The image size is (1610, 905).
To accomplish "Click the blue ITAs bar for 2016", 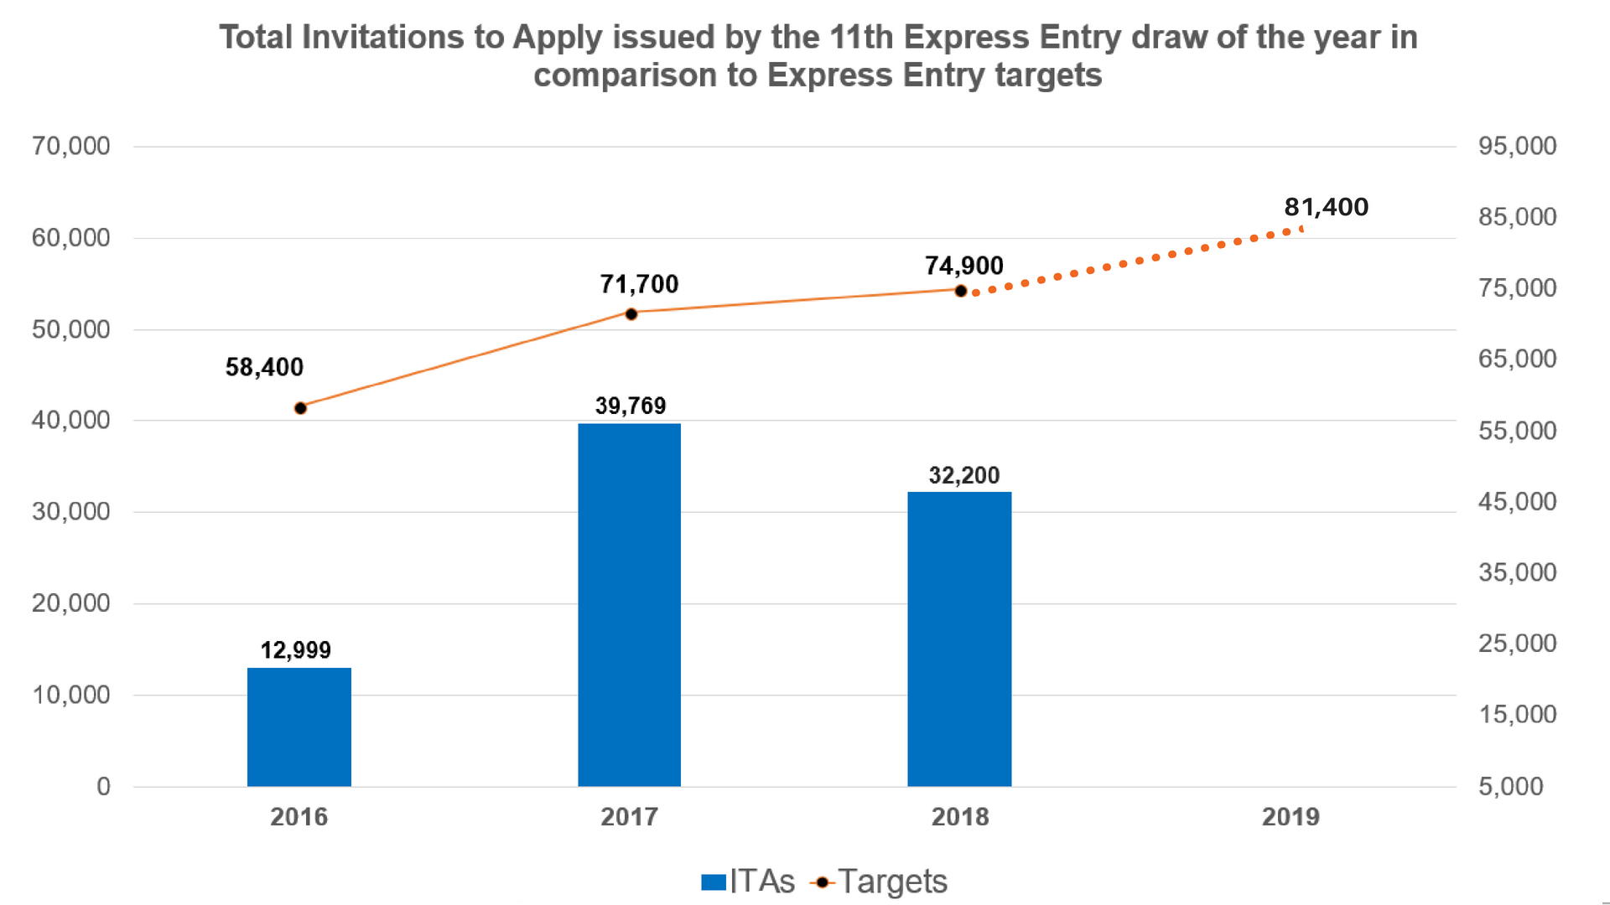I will click(299, 727).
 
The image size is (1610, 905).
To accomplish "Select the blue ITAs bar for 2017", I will click(629, 604).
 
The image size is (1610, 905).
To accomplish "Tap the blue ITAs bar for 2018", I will click(959, 639).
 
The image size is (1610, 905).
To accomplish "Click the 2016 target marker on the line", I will click(300, 408).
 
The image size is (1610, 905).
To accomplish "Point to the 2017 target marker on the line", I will click(631, 314).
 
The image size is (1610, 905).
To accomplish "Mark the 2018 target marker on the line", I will click(961, 292).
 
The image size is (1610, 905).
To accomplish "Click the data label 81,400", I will click(1326, 207).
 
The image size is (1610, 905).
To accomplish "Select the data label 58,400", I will click(264, 367).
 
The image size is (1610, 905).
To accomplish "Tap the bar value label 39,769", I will click(631, 406).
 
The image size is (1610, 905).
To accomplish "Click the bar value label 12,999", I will click(295, 650).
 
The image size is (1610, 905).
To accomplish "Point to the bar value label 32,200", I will click(964, 476).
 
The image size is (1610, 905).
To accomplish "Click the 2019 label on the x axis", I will click(1291, 817).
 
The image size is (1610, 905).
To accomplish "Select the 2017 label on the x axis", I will click(629, 817).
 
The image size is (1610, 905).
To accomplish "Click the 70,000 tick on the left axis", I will click(71, 147).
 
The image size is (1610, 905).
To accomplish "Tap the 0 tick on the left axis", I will click(103, 787).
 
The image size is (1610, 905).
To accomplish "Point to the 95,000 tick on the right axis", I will click(1517, 147).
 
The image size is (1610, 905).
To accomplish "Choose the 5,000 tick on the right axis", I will click(1510, 787).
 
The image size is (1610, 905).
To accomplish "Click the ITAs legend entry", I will click(749, 882).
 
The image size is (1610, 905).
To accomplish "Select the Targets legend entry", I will click(880, 882).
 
